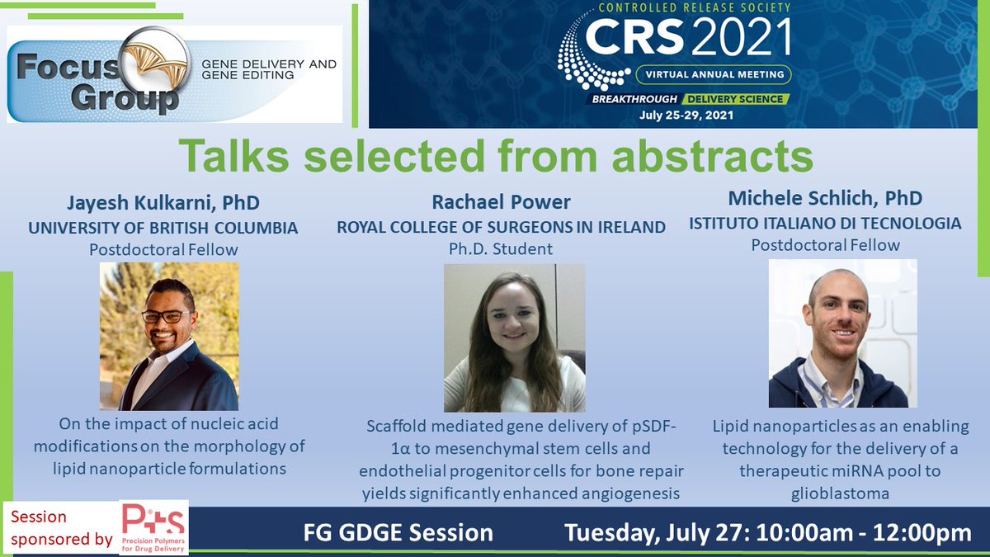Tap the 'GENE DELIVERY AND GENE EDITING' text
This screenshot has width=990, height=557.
click(268, 69)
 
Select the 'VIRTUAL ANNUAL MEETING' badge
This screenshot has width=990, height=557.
click(714, 74)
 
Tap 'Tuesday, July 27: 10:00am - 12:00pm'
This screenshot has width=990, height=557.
click(767, 533)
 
